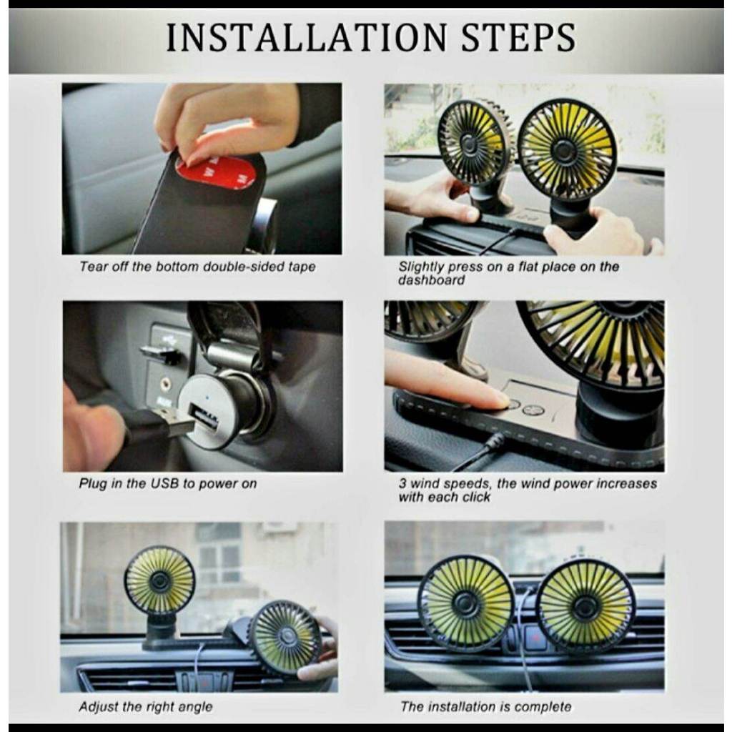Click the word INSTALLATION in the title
tap(306, 37)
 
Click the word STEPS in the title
tap(519, 37)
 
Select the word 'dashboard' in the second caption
tap(431, 280)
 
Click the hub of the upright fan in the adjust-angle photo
tap(160, 581)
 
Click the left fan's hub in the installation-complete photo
tap(466, 604)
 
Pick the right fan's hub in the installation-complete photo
tap(585, 606)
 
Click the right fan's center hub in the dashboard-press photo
tap(564, 150)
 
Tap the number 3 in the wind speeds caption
tap(402, 484)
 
